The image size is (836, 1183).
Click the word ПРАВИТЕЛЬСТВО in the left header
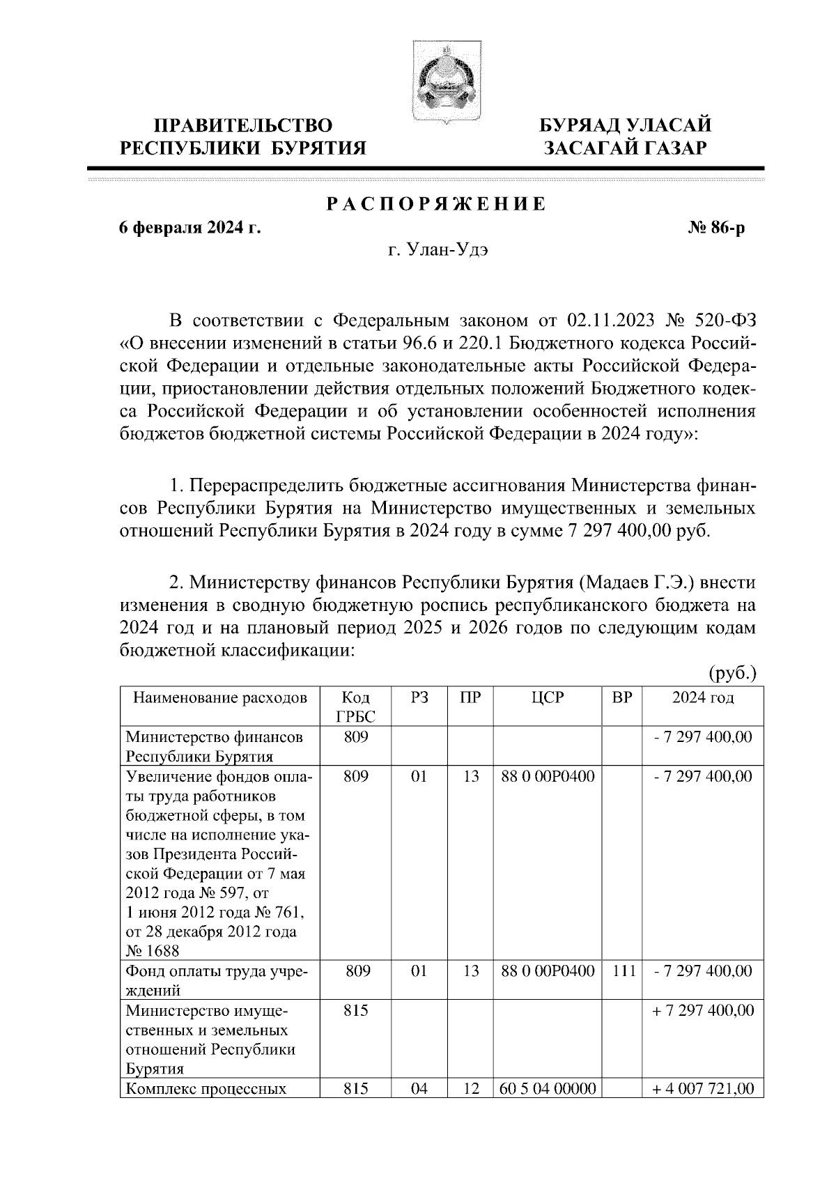242,126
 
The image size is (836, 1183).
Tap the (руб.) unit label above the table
732,673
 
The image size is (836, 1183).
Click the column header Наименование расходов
220,698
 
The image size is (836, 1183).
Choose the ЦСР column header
547,698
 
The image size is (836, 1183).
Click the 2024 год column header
702,698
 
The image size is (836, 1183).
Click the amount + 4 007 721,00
702,1088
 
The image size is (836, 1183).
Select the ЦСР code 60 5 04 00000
548,1088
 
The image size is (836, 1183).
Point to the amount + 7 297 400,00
702,1010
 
